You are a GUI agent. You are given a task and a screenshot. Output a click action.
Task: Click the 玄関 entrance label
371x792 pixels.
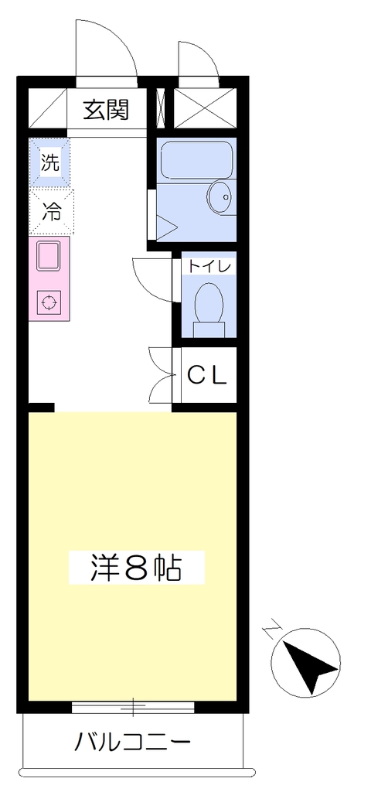pos(107,109)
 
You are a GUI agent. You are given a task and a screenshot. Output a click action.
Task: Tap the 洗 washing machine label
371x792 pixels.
pos(50,162)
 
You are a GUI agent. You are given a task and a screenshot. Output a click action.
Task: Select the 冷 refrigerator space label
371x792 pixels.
pos(50,211)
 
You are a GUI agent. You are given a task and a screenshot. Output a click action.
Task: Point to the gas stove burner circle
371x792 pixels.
pos(49,302)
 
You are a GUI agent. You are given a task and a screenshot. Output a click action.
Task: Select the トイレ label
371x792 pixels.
pos(210,266)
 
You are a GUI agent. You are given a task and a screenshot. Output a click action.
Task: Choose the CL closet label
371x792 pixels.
pos(207,375)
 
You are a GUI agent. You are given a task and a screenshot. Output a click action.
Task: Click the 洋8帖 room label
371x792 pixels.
pos(136,568)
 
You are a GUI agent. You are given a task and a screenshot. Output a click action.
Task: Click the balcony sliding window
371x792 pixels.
pos(133,707)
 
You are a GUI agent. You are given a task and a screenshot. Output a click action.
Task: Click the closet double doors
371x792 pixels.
pos(161,375)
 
